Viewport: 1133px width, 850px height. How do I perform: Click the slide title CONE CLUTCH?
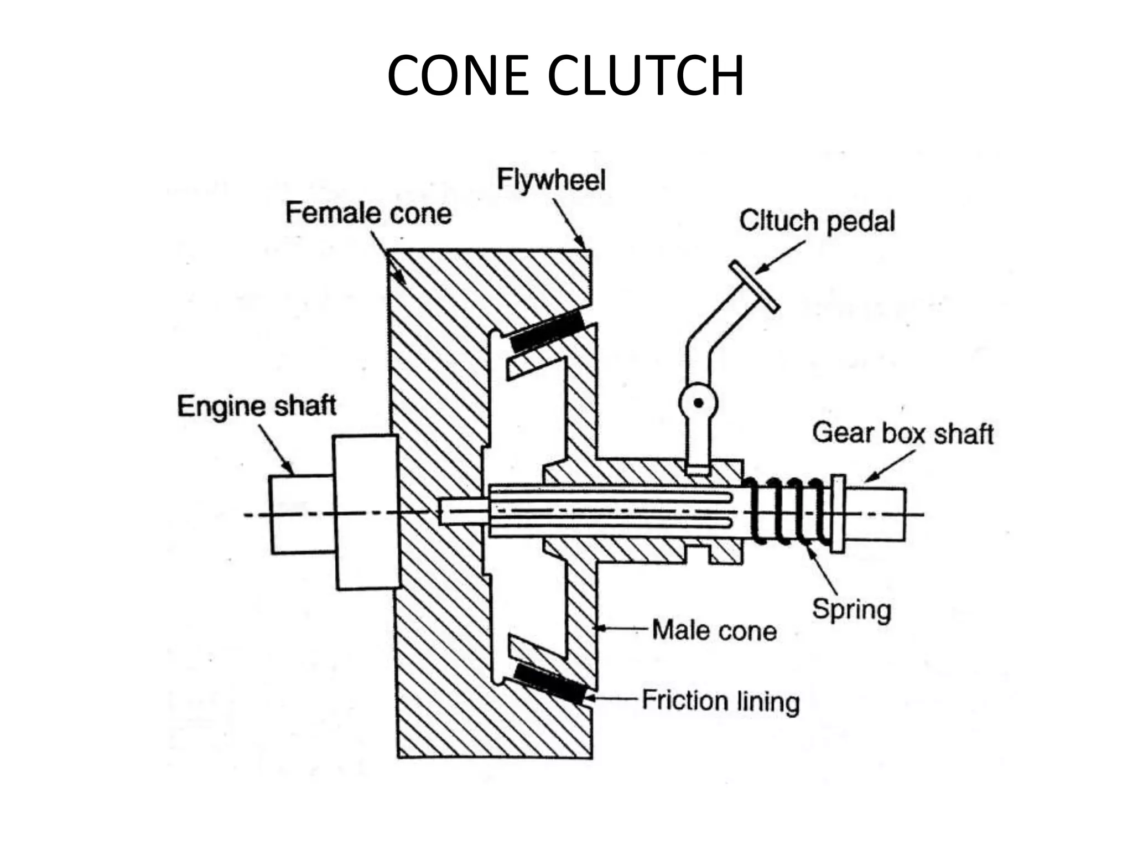[565, 76]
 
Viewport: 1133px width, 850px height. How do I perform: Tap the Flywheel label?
[551, 180]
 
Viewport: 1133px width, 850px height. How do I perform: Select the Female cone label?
[368, 213]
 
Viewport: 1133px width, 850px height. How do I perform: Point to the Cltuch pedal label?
[817, 221]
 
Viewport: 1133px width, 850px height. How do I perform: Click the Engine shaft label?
[257, 406]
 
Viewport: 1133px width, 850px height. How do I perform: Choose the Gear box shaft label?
[903, 433]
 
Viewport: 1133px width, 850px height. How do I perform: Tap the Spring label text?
[851, 609]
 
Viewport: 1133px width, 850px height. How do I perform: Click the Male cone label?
[714, 630]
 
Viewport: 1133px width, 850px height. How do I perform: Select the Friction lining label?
[721, 701]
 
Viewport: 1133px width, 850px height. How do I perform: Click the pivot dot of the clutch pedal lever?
[698, 403]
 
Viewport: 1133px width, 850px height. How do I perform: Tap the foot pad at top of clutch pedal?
[754, 287]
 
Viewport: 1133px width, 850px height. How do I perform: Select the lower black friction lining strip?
[549, 683]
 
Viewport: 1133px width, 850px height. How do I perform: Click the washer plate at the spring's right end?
[838, 514]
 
